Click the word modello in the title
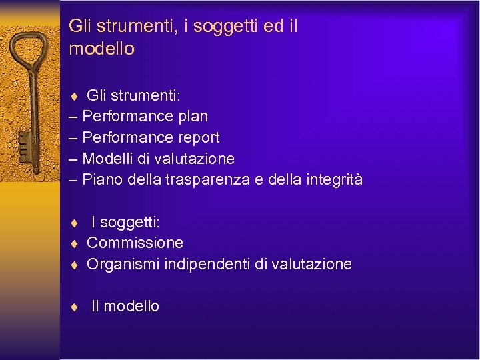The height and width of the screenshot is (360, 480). coord(101,49)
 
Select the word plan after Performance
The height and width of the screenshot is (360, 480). coord(193,116)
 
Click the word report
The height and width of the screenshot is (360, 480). coord(199,137)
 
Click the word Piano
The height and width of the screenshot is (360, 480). coord(102,179)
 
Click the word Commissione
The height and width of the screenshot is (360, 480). coord(135,243)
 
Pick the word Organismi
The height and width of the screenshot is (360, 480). coord(121,264)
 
